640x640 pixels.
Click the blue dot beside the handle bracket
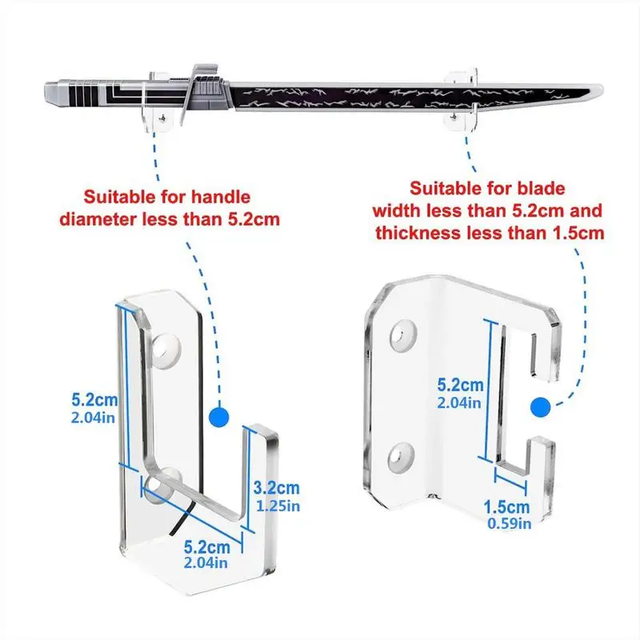216,417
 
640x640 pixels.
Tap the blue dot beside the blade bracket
542,407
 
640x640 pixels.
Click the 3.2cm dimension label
276,486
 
